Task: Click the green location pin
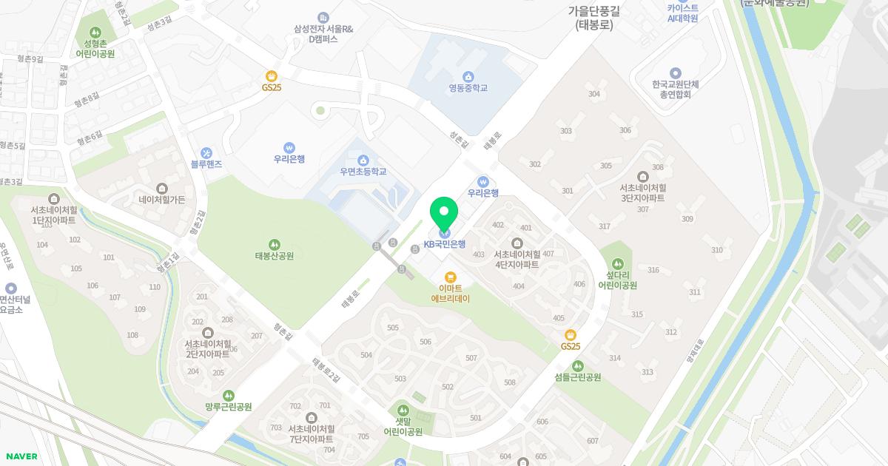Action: pos(444,214)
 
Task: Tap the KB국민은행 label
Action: pos(445,244)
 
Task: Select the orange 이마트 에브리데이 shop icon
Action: pos(451,277)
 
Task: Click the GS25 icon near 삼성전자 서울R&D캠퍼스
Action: pos(272,75)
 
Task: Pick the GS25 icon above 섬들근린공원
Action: pos(571,335)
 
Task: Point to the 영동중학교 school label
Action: pos(468,88)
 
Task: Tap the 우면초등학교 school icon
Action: pos(363,161)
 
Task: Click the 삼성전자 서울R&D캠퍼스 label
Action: pos(323,33)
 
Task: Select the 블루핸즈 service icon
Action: pos(206,152)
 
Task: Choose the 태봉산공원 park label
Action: pos(274,256)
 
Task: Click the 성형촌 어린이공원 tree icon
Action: pos(95,33)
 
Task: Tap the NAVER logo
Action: pos(22,456)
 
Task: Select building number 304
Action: pos(594,94)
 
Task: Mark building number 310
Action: pos(717,250)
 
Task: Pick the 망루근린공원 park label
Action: pos(229,407)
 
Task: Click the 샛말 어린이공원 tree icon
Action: pos(403,409)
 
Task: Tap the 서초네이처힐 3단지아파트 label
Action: pos(642,193)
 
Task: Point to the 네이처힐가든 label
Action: pos(162,199)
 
